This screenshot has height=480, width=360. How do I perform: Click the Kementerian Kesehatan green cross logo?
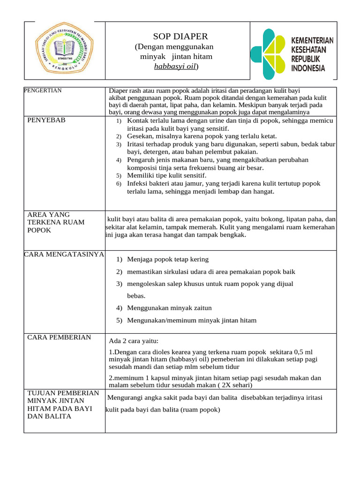pyautogui.click(x=267, y=54)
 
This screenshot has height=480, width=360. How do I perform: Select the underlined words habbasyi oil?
pyautogui.click(x=175, y=67)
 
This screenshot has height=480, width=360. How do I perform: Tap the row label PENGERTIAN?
pyautogui.click(x=43, y=90)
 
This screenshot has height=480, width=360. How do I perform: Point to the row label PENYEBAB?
pyautogui.click(x=46, y=120)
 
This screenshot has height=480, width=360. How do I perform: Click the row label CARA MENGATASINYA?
pyautogui.click(x=64, y=255)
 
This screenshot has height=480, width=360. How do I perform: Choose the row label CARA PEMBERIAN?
pyautogui.click(x=59, y=337)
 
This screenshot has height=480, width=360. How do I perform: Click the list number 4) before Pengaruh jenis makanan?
pyautogui.click(x=119, y=160)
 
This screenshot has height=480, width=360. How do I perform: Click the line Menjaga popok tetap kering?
pyautogui.click(x=168, y=259)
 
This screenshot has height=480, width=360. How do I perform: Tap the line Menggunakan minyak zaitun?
pyautogui.click(x=169, y=308)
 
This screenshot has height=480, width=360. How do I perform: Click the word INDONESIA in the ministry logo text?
pyautogui.click(x=308, y=68)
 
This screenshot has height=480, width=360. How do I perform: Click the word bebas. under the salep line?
pyautogui.click(x=136, y=296)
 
